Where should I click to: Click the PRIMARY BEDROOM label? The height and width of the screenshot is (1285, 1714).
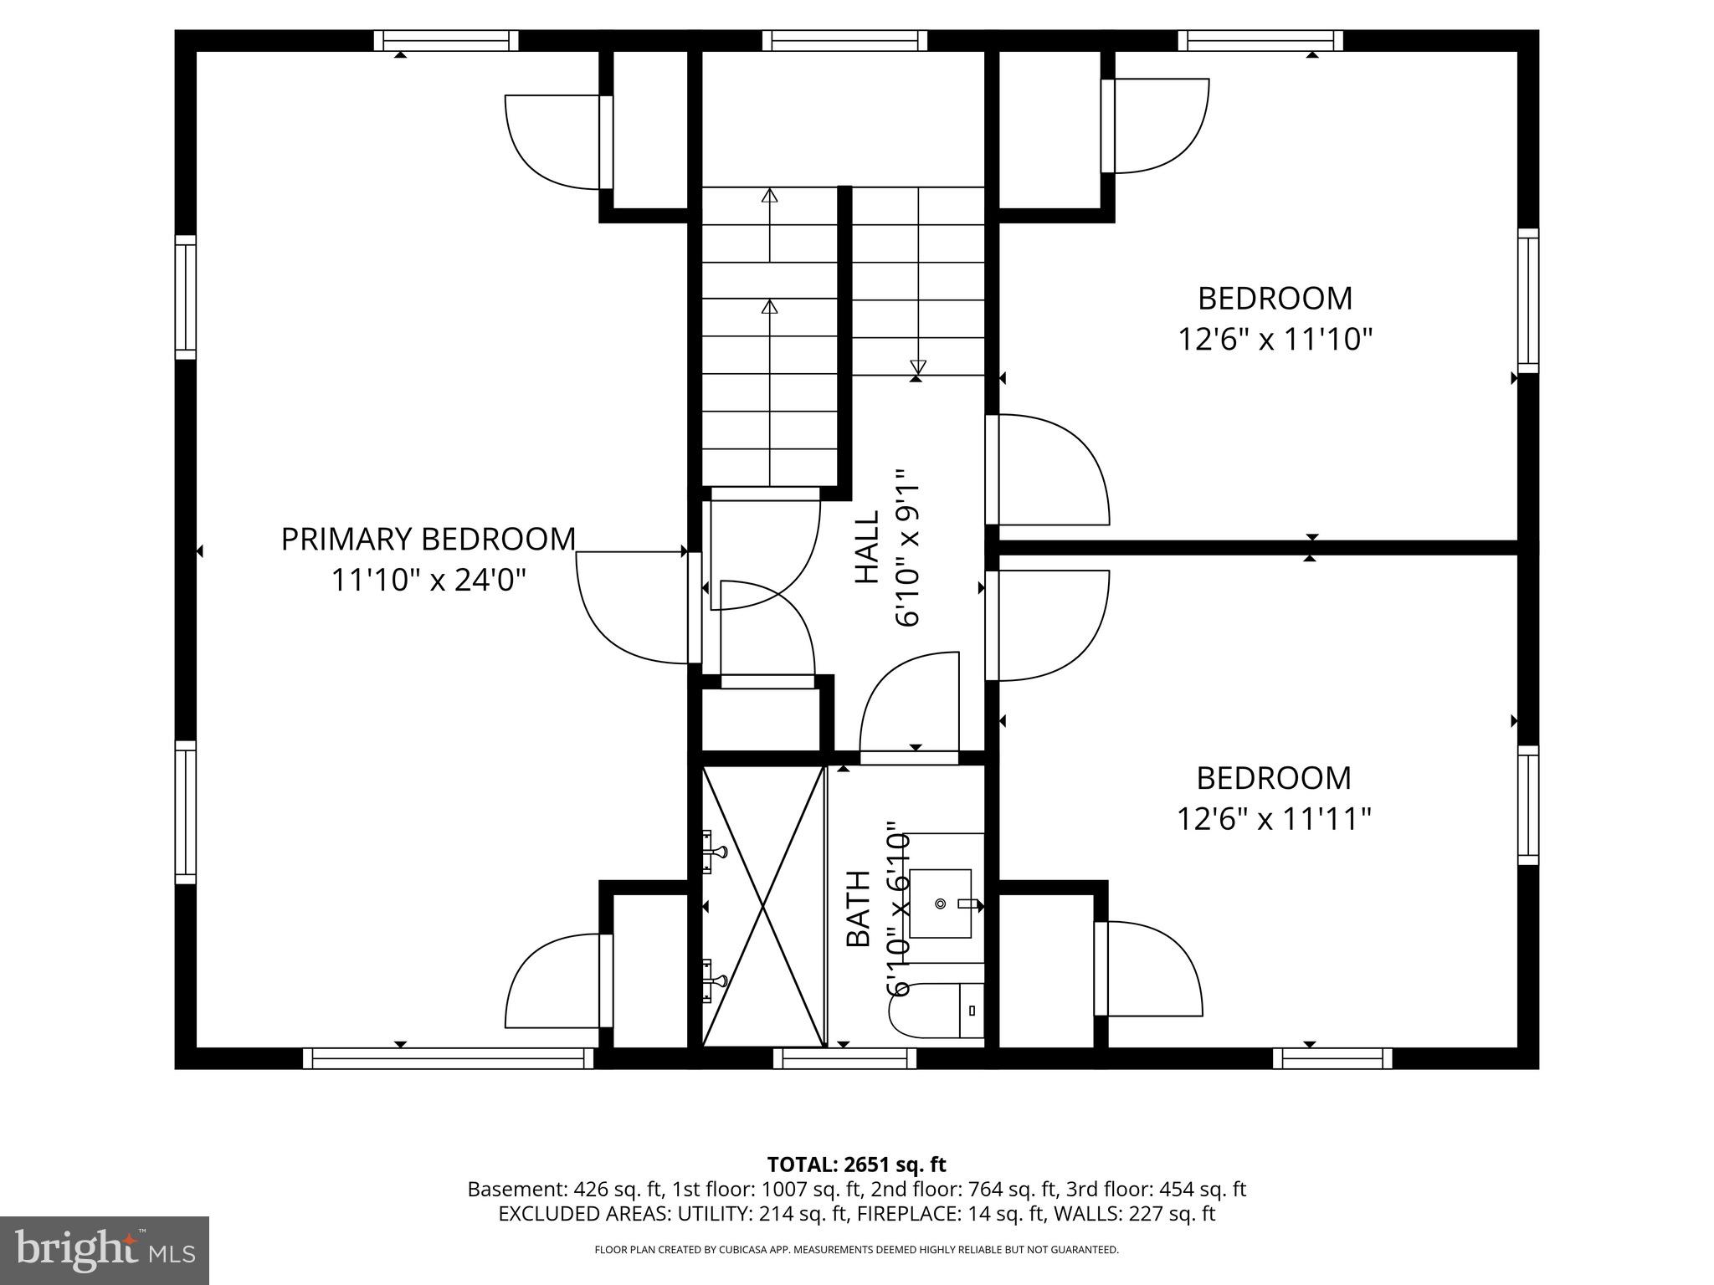coord(428,540)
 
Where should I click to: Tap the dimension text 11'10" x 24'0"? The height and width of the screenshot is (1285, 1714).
coord(428,580)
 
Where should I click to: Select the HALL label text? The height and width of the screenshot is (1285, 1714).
coord(867,547)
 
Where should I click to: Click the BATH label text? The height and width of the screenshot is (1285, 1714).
coord(859,909)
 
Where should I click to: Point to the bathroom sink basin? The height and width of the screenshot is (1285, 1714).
coord(941,904)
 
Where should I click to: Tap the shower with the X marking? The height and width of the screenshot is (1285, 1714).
coord(763,905)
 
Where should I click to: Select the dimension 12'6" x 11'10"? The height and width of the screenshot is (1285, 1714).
coord(1275,340)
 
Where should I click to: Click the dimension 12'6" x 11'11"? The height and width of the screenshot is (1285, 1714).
coord(1274,818)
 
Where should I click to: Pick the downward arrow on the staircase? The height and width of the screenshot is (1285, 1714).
coord(918,366)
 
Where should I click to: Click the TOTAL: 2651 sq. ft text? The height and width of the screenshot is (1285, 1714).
coord(856,1164)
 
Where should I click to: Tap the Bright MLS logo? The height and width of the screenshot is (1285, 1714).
coord(105,1250)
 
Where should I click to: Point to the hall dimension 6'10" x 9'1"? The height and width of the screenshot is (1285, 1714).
coord(907,547)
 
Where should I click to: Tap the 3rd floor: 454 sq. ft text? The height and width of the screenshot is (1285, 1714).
coord(1156,1189)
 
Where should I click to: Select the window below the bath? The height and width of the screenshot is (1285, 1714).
coord(844,1058)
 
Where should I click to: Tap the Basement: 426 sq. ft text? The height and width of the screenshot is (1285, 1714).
coord(566,1189)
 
